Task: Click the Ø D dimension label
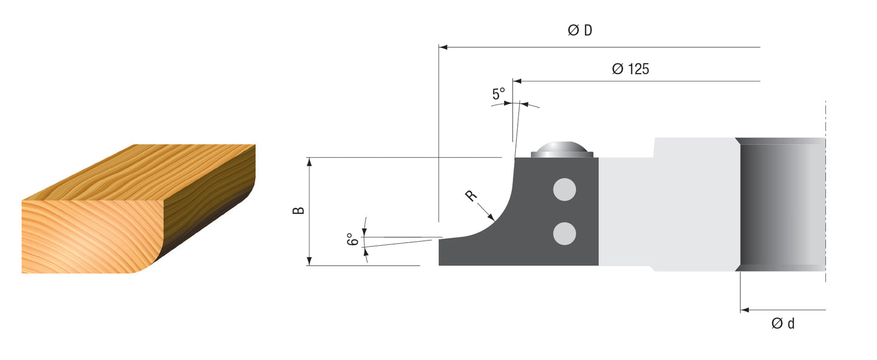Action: pos(580,30)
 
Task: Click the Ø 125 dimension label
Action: pos(630,69)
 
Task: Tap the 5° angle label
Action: pos(498,94)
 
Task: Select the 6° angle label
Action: pos(350,239)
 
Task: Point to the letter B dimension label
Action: pos(298,211)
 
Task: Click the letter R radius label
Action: pos(471,195)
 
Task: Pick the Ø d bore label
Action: pos(783,324)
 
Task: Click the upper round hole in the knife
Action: pos(564,189)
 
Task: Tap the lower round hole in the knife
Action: pos(564,233)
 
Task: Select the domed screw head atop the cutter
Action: pos(561,149)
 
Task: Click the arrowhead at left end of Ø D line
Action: pos(442,47)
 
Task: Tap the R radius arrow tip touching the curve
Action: pos(494,218)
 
